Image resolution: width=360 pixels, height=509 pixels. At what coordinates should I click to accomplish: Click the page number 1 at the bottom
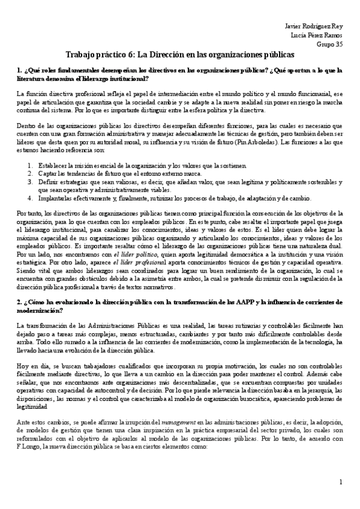pyautogui.click(x=340, y=482)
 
